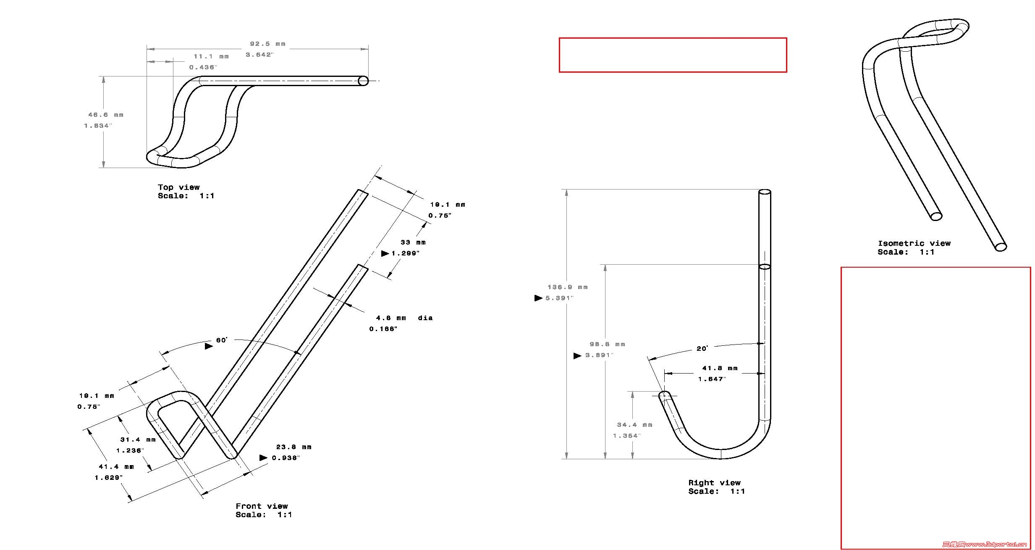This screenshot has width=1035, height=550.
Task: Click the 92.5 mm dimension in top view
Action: (x=267, y=44)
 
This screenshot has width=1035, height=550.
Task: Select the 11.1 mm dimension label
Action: (x=211, y=56)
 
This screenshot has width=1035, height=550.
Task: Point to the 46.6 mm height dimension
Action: (x=105, y=115)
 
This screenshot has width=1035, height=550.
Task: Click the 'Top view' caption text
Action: (x=178, y=187)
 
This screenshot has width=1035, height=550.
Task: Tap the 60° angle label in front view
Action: (x=221, y=340)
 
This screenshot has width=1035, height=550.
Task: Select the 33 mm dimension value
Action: (x=413, y=242)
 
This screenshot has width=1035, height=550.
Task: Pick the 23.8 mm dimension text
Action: (x=293, y=447)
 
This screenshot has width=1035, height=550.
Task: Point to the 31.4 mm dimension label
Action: (x=138, y=440)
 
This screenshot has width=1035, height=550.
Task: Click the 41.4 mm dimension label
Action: (x=116, y=467)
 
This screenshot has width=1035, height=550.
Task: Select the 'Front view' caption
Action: (x=262, y=506)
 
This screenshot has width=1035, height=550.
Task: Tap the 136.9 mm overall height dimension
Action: (x=567, y=287)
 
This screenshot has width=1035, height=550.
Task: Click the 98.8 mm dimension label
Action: (x=607, y=344)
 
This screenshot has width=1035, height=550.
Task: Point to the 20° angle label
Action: (x=702, y=349)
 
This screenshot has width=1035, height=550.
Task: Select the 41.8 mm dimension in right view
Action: (x=720, y=368)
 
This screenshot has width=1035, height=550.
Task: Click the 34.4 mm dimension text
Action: (x=634, y=425)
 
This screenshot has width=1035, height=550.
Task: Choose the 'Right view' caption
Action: (x=714, y=483)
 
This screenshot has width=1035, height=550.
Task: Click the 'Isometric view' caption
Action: (x=914, y=243)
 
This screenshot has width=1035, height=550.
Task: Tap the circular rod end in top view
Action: (x=363, y=81)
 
